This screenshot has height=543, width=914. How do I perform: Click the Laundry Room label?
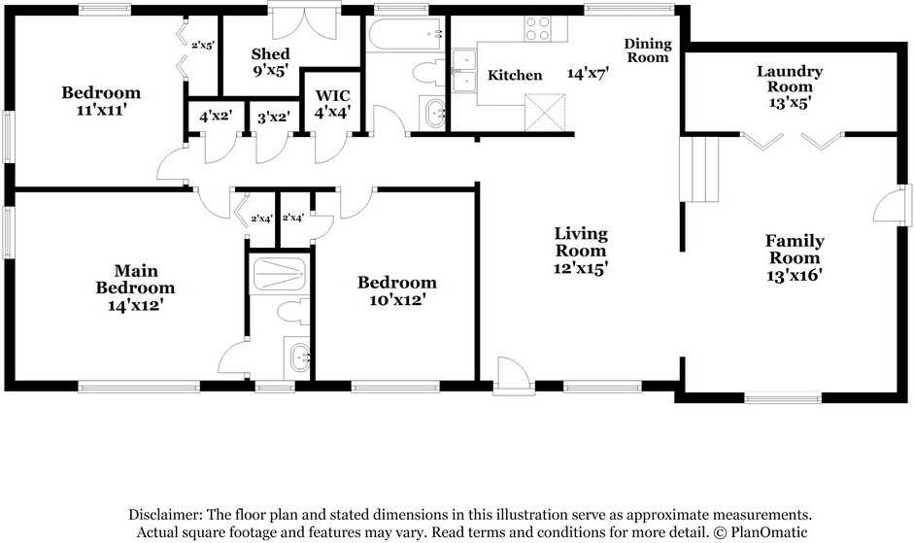point(790,79)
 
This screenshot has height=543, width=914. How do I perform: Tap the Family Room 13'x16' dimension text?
point(794,275)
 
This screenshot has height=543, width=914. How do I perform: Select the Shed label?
point(270,54)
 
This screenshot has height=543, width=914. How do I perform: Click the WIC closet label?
point(333,95)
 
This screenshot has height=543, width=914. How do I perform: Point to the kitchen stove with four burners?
point(537,28)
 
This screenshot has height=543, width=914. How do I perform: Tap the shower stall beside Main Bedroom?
point(279,273)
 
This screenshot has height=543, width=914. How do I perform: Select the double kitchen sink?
point(464,71)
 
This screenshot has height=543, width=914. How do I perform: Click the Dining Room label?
point(648,51)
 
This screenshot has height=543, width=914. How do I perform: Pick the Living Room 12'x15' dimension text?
point(581,268)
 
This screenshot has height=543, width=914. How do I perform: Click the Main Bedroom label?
point(135,279)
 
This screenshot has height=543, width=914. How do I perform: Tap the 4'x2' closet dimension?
point(216,117)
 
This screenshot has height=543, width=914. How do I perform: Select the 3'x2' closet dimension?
point(273,117)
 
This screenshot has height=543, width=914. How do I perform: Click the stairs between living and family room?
point(699,169)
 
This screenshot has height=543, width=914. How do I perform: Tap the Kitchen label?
point(515,75)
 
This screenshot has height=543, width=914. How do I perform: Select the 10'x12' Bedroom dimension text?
point(396,300)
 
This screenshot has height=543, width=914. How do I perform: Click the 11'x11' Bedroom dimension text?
point(101,110)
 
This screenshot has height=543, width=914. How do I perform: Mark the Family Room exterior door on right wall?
point(893,205)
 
